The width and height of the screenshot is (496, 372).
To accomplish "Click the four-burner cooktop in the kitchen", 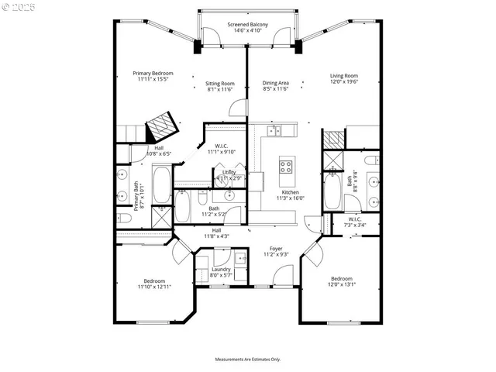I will pyautogui.click(x=286, y=166).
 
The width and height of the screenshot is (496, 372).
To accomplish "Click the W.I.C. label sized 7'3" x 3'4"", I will pyautogui.click(x=354, y=219).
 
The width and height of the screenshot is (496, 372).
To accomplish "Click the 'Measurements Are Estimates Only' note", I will pyautogui.click(x=247, y=359).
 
